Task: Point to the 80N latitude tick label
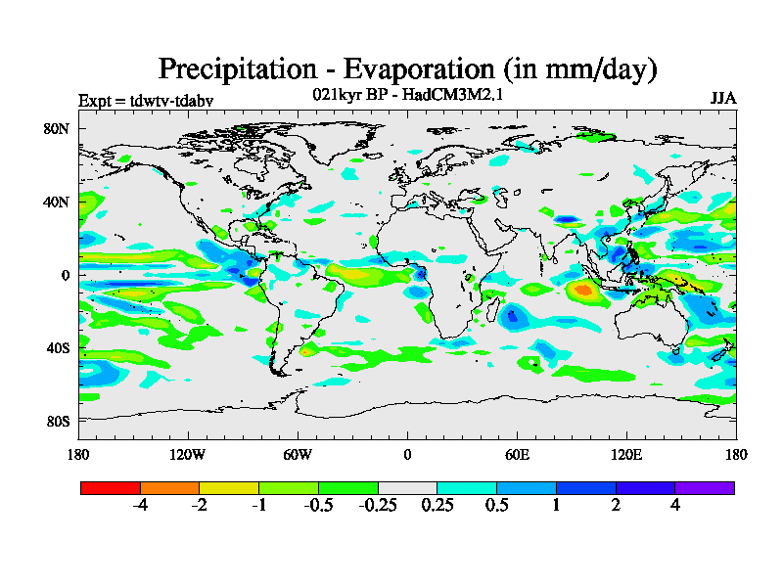click(55, 128)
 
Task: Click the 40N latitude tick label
click(55, 202)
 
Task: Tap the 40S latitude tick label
click(56, 347)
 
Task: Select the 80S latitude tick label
click(56, 421)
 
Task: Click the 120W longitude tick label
click(187, 454)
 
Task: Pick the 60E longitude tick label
click(517, 454)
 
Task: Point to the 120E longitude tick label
click(626, 454)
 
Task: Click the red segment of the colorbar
click(111, 487)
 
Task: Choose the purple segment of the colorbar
click(705, 487)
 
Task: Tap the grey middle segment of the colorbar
click(407, 487)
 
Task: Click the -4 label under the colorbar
click(140, 506)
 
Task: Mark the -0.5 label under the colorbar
click(318, 506)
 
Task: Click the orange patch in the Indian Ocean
click(585, 289)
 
